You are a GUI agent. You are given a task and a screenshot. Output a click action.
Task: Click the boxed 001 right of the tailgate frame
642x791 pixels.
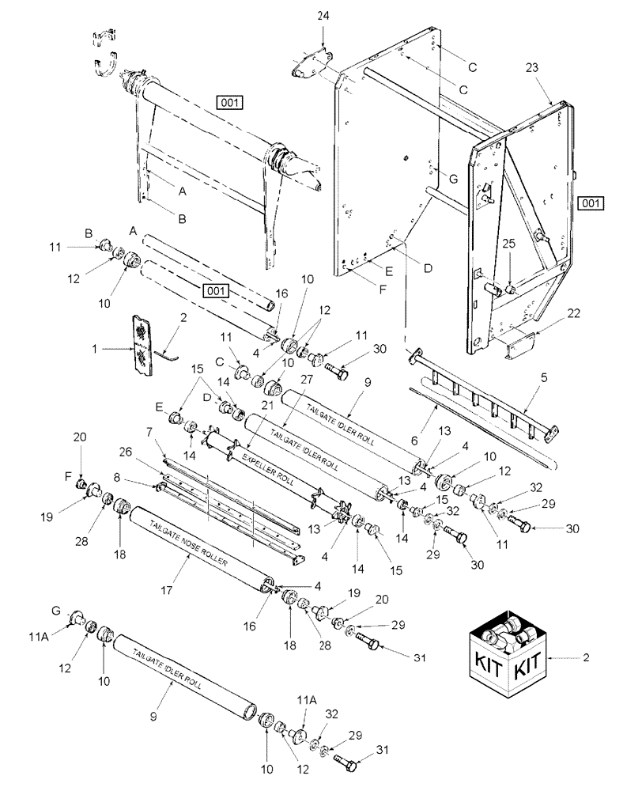pos(590,203)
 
